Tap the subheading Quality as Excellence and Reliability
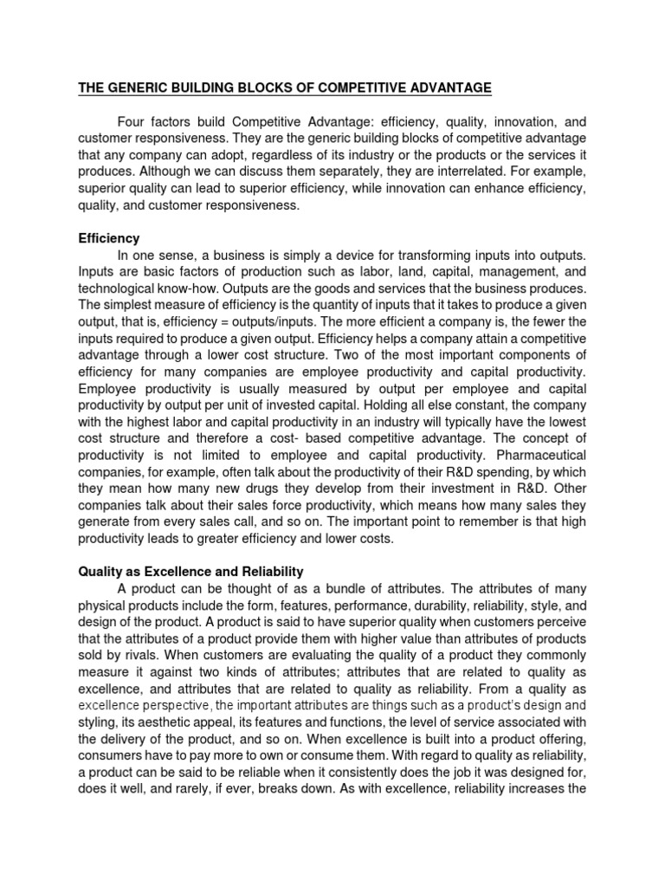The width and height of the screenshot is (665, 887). tap(190, 571)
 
